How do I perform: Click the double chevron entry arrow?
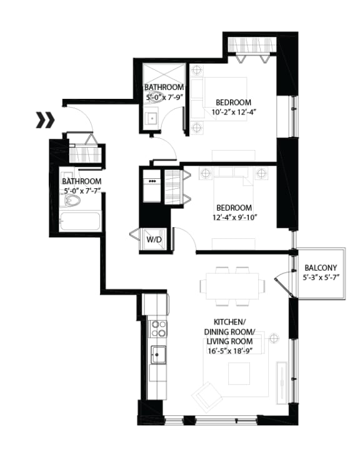coord(46,119)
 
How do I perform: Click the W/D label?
coord(154,240)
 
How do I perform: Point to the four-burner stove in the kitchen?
coord(157,329)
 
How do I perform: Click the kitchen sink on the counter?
coord(158,354)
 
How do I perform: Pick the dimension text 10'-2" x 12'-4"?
coord(234,113)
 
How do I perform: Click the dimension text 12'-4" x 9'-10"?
coord(234,217)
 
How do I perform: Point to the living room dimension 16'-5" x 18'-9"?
coord(229,352)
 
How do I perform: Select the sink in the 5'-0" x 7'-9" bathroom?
coord(152,118)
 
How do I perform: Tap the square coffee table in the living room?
coord(239,373)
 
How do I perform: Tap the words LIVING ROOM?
coord(229,342)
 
